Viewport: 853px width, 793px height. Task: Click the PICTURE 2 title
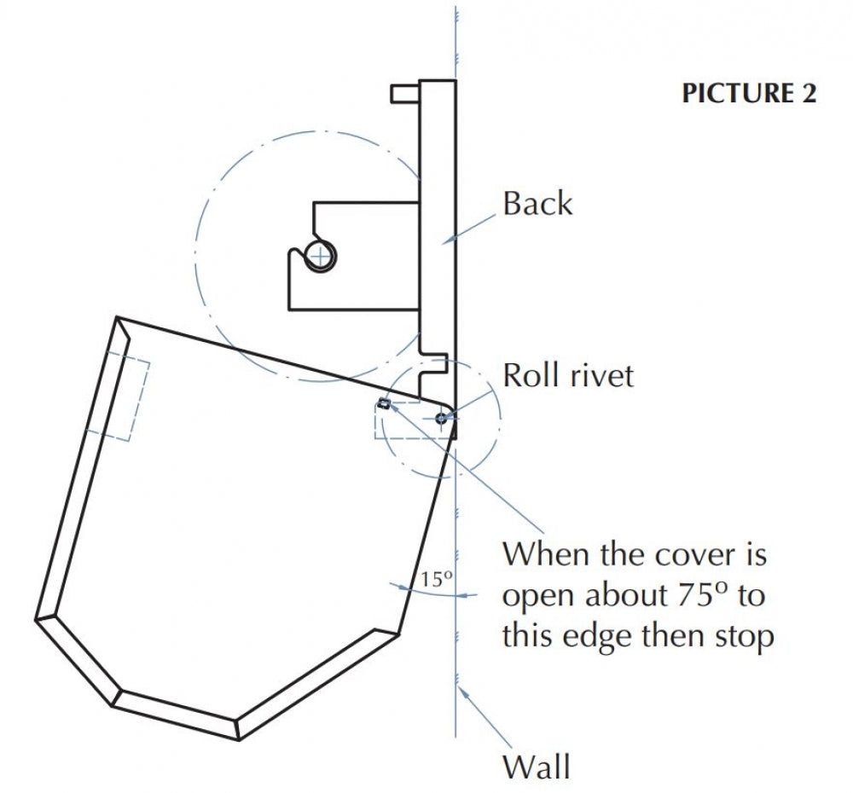point(749,93)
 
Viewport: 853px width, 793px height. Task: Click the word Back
point(537,204)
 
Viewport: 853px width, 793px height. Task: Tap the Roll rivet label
point(568,375)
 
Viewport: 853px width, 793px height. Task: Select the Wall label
point(537,767)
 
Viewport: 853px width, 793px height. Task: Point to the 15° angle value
point(436,579)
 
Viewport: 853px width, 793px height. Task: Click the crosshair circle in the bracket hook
point(321,256)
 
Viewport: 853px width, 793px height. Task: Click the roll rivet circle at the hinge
point(441,419)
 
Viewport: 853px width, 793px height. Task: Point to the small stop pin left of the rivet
point(384,403)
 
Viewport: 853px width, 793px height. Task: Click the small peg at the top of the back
point(404,93)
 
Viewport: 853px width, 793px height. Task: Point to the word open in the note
point(539,597)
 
